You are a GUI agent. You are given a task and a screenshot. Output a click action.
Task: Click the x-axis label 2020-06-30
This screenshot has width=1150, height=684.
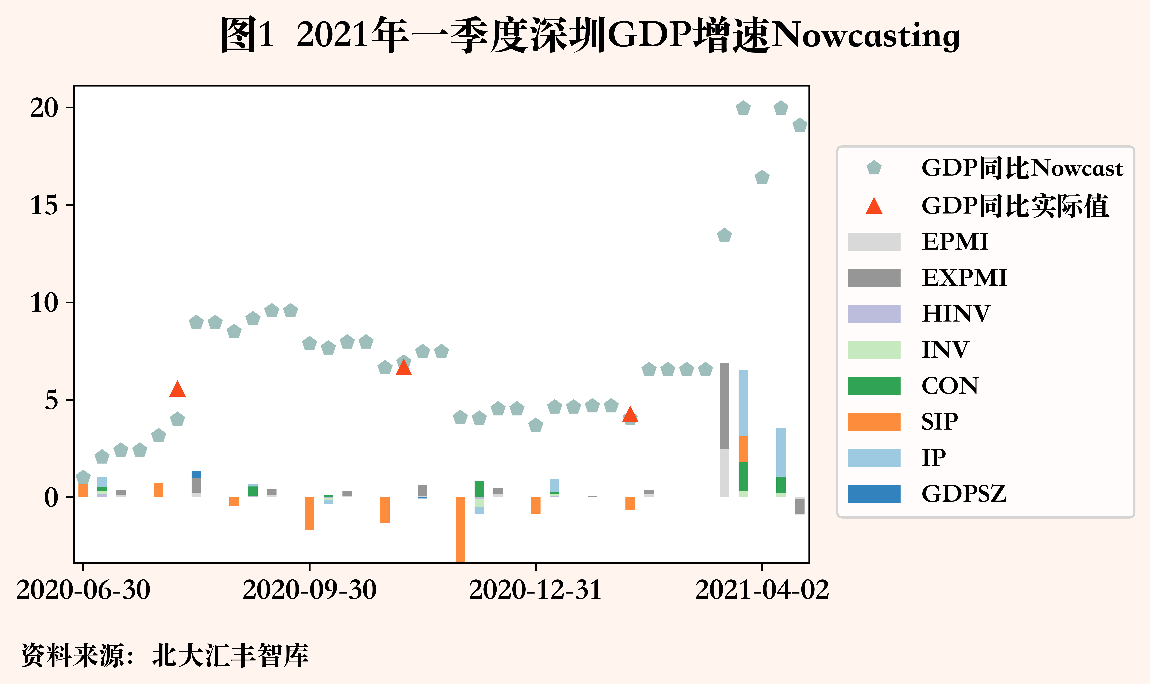[x=83, y=590]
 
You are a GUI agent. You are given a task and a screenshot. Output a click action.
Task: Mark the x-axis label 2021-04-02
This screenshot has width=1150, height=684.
[x=762, y=590]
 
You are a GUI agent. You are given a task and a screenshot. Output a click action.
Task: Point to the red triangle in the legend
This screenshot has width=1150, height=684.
[x=874, y=206]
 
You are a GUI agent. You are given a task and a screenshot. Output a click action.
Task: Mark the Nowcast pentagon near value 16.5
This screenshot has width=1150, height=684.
[x=762, y=177]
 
